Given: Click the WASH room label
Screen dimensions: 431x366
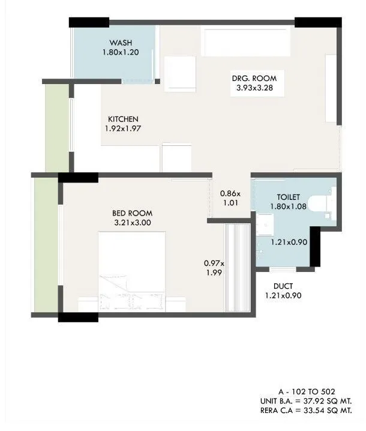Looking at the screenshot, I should coord(120,43).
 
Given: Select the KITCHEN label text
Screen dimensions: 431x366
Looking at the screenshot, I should coord(123,119).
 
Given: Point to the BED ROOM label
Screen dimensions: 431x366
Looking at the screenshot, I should coord(132,213).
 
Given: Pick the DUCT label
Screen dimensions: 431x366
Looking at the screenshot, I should coord(283,286).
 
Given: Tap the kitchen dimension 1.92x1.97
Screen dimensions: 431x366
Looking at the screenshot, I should coord(123,128).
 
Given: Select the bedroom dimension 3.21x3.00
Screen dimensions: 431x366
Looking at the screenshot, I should coord(132,223).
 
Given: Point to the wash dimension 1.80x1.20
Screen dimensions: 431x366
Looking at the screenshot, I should coord(120,52).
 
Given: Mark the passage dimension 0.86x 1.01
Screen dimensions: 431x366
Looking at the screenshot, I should coord(230,198).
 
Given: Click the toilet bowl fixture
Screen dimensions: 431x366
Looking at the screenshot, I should coord(325,202).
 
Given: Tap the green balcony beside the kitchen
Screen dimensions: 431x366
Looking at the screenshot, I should coord(57,127).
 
